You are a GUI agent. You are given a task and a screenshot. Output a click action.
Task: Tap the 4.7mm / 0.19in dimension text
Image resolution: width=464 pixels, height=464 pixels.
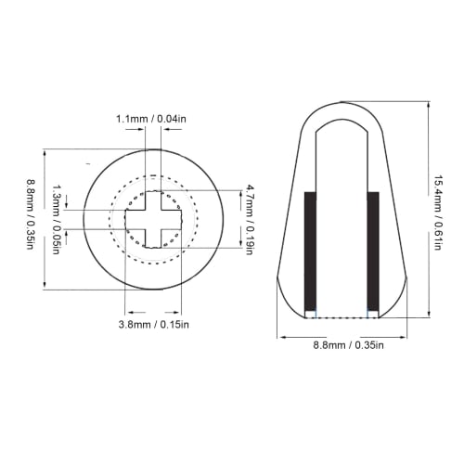point(250,219)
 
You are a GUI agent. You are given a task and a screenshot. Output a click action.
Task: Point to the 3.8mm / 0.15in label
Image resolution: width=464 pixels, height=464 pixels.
point(154,324)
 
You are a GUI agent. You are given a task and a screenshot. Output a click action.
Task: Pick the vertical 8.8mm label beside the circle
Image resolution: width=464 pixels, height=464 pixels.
point(31,220)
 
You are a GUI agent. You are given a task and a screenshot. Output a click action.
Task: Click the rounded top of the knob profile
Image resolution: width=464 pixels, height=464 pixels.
point(343,105)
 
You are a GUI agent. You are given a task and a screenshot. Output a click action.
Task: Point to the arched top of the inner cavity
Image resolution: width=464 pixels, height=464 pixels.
point(343,120)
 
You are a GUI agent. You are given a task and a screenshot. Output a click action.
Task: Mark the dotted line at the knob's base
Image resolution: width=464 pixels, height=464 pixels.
point(343,317)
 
